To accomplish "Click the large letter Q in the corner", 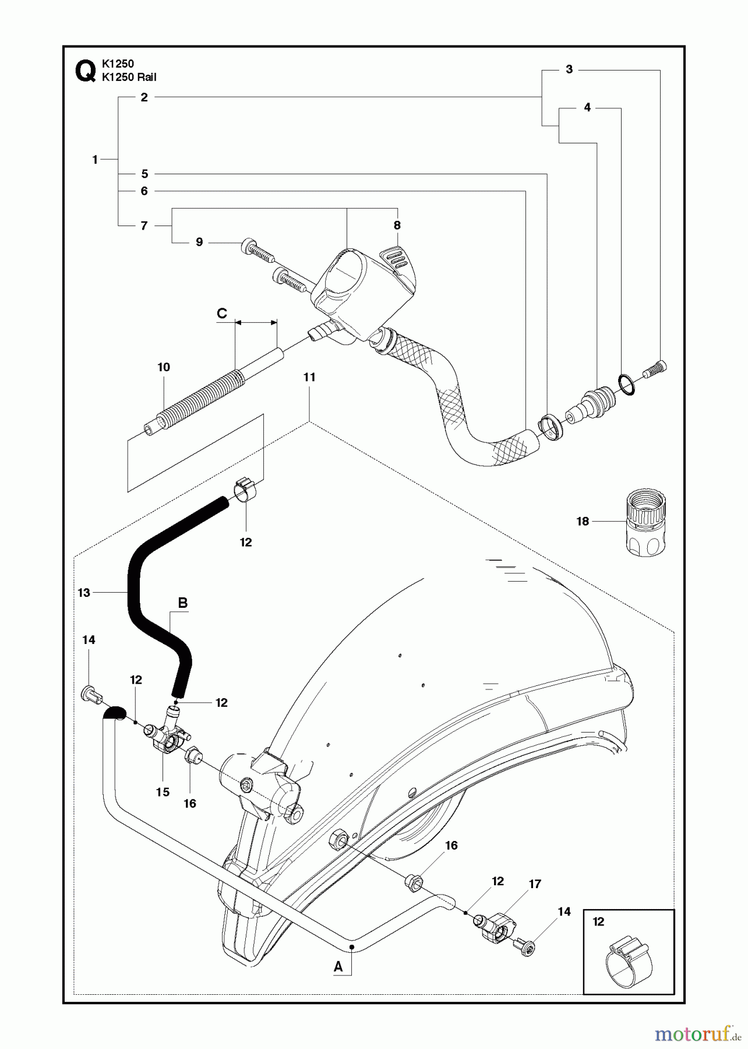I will [84, 72].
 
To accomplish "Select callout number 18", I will [583, 522].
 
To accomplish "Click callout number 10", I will [164, 367].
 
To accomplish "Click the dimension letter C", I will [222, 314].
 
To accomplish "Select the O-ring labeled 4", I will [626, 385].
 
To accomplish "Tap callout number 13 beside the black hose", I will [84, 593].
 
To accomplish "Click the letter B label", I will [182, 603].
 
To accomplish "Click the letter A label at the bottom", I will [338, 967].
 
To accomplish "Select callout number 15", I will [163, 792].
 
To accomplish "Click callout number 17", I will [535, 884].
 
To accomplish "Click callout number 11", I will [309, 378].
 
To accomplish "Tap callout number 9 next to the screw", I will [199, 242].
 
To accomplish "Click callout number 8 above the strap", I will [397, 225].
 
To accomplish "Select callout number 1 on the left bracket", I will [95, 160].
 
